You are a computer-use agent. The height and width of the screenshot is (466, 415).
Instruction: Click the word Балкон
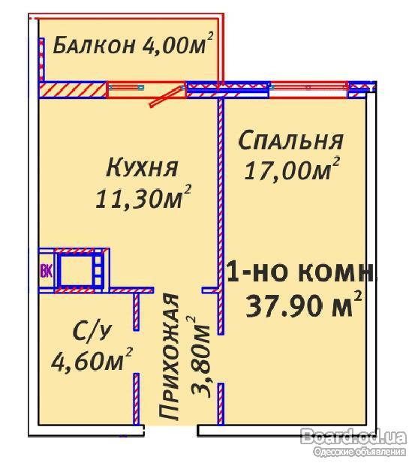[x=94, y=46]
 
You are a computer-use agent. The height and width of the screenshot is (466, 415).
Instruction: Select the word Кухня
[x=142, y=167]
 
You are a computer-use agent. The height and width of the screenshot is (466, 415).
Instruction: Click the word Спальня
[x=290, y=140]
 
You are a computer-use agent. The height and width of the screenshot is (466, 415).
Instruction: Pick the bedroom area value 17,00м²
[x=292, y=169]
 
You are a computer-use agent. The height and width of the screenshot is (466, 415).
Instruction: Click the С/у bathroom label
[x=92, y=332]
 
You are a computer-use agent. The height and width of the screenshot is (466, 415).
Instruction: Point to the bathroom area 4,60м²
[x=92, y=359]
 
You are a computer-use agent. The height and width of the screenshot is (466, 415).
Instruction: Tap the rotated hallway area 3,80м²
[x=200, y=356]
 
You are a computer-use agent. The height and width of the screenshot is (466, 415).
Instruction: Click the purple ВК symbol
[x=46, y=271]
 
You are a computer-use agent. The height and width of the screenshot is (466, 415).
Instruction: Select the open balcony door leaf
[x=167, y=96]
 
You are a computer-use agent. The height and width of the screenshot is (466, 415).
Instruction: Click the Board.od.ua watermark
[x=353, y=437]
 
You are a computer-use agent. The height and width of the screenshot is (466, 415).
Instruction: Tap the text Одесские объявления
[x=359, y=452]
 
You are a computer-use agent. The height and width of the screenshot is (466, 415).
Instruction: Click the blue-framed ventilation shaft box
[x=79, y=271]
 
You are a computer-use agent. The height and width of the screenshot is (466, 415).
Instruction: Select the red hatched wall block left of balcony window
[x=73, y=89]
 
